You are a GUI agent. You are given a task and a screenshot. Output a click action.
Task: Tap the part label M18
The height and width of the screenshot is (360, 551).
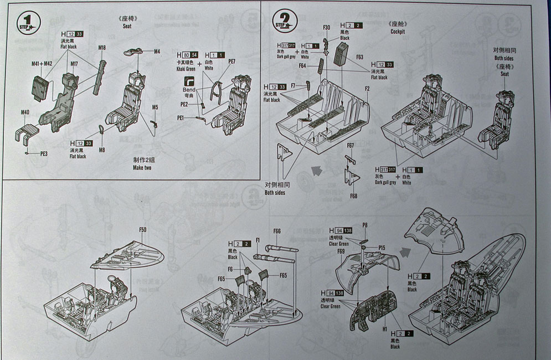pos(102,48)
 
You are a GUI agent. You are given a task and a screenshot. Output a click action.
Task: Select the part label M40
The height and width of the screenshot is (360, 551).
pos(25,112)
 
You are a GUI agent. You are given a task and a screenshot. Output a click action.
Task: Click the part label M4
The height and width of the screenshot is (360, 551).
pos(157,52)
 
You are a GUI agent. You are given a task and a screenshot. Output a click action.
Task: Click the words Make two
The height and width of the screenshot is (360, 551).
pos(142,167)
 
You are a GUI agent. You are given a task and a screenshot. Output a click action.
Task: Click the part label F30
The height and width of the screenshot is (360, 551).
pos(327,27)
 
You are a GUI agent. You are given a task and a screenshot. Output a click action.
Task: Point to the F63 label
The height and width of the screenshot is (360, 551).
pos(359,56)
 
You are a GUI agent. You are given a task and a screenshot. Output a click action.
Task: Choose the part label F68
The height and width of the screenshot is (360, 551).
pos(353,196)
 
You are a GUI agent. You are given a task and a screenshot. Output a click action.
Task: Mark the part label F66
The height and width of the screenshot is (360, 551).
pos(277,231)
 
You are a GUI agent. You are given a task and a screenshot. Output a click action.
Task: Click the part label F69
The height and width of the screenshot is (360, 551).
pos(341,251)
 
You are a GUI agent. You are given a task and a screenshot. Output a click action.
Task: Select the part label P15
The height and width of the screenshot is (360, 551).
pos(382,247)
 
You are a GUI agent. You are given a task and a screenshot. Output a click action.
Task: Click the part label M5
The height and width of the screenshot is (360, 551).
pos(156,106)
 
